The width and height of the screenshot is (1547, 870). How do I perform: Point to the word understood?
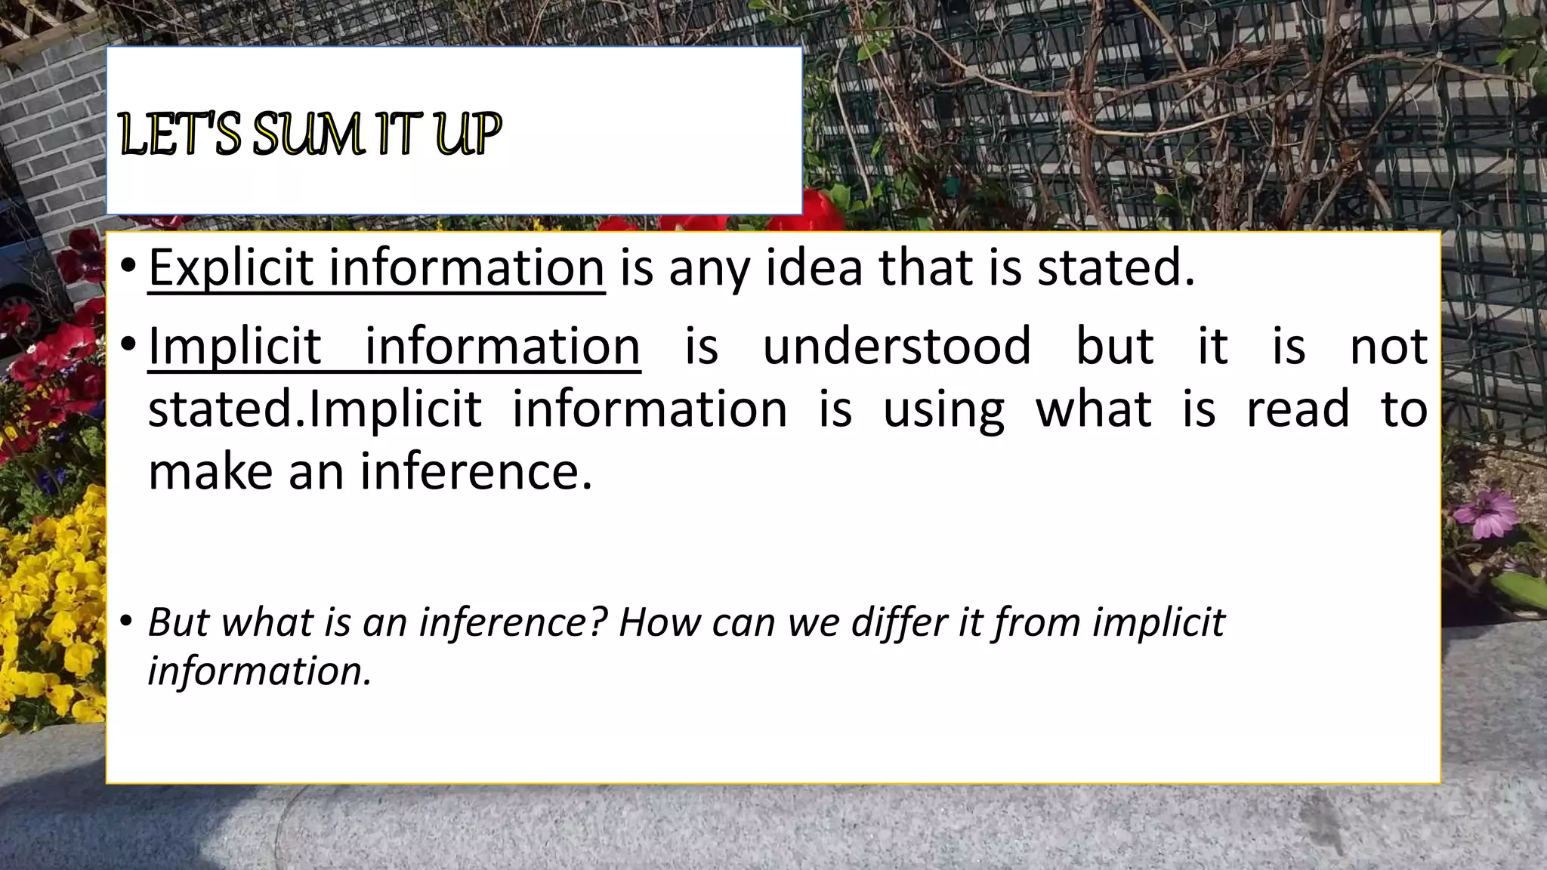point(897,346)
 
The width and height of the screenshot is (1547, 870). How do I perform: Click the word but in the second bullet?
point(1115,346)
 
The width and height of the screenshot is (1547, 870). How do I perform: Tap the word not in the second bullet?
point(1388,346)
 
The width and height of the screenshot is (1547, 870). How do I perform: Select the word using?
point(943,409)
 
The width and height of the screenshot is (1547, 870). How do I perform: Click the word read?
point(1297,409)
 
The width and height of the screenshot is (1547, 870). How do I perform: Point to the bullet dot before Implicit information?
point(128,345)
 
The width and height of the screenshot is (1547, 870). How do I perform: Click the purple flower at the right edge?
point(1485,514)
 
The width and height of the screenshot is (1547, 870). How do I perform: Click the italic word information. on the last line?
point(260,671)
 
